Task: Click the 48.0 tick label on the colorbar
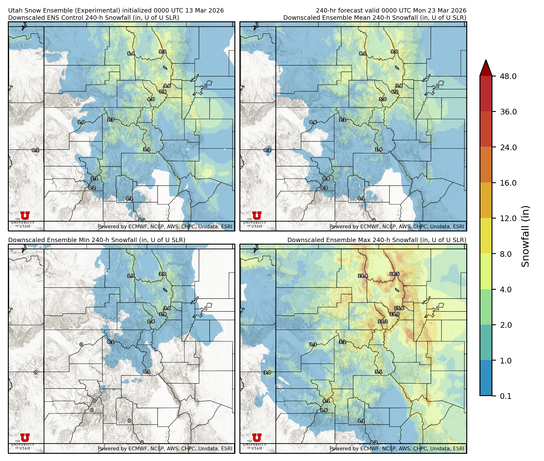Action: [508, 76]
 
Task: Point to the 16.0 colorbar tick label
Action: [508, 183]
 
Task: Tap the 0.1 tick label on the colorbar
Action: [505, 396]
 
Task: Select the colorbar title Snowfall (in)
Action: [525, 236]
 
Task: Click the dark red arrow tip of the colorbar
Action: [486, 66]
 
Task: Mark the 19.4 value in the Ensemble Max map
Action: [363, 276]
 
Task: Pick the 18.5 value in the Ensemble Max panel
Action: [394, 274]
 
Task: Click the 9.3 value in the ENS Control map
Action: [162, 52]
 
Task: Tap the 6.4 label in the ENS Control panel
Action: [131, 54]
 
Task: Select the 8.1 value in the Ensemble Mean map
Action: [363, 54]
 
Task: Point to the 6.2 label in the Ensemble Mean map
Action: [395, 92]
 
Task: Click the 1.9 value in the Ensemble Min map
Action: [163, 314]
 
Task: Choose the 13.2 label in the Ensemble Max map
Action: [383, 321]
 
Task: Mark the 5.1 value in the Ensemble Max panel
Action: [379, 372]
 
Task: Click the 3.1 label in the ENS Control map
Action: [147, 150]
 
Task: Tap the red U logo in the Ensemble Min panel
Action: [25, 437]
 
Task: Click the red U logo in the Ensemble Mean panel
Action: [257, 215]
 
